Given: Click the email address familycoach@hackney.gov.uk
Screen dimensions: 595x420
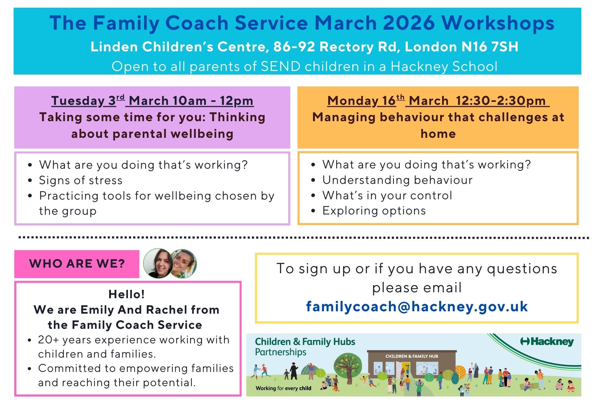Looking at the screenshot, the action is coord(417,307).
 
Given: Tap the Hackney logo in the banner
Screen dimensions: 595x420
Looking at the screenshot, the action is coord(547,342).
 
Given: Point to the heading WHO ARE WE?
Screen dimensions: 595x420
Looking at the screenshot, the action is coord(77,264).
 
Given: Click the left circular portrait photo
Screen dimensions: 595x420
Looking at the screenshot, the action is coord(158,263).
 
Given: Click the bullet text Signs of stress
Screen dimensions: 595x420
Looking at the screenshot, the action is coord(81,180).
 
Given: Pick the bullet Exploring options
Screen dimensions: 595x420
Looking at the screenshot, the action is coord(374,211).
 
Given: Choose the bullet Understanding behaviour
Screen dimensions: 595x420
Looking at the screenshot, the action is coord(397,180).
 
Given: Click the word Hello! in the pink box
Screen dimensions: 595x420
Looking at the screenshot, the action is coord(127,294).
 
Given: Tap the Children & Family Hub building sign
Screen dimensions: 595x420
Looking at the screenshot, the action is coord(412,356).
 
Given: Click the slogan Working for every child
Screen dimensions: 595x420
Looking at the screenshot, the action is coord(284,388).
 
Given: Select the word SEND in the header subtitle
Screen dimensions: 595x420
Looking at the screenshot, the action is coord(281,66).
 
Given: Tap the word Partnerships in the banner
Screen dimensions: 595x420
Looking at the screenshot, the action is coord(281,352).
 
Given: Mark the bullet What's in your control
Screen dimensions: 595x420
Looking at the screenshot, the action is coord(387,195).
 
